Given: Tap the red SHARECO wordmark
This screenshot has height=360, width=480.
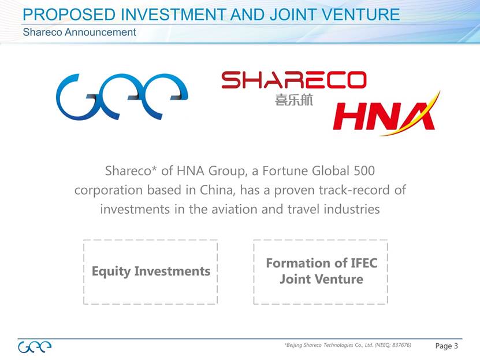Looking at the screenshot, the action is pyautogui.click(x=294, y=80).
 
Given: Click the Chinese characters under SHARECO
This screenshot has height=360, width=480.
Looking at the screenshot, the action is pyautogui.click(x=294, y=100).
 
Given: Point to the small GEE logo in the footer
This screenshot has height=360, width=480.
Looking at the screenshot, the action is pyautogui.click(x=35, y=347).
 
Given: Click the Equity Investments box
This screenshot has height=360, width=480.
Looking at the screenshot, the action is pyautogui.click(x=150, y=272).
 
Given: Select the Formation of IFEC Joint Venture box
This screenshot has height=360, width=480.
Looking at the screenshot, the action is pyautogui.click(x=321, y=272).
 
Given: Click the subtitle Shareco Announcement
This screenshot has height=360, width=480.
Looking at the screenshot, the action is pyautogui.click(x=79, y=32).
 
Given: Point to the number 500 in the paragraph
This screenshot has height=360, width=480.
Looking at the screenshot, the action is pyautogui.click(x=364, y=171).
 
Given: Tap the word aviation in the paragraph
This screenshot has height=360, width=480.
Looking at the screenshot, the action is pyautogui.click(x=235, y=209).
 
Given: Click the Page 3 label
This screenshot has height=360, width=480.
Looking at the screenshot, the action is pyautogui.click(x=446, y=346).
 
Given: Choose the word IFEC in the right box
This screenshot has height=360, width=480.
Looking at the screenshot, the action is pyautogui.click(x=364, y=263).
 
